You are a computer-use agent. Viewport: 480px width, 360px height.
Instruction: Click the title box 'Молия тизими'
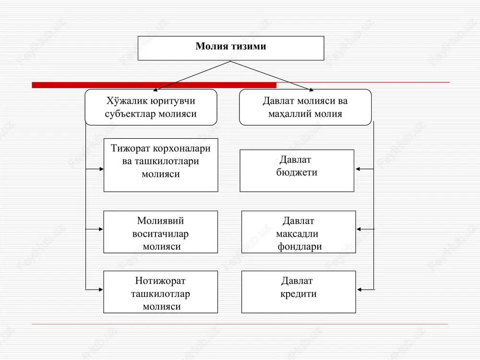pos(231,48)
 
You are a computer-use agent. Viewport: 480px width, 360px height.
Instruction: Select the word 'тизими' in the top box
pos(248,46)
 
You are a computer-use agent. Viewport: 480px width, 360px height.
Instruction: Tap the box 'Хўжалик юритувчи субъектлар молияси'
pos(151,107)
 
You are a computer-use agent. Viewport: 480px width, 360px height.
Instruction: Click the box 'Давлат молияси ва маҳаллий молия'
pos(305,107)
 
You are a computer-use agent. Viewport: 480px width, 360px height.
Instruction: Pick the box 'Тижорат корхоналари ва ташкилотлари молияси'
pos(161,165)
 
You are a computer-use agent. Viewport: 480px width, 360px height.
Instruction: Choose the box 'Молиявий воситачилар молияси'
pos(161,232)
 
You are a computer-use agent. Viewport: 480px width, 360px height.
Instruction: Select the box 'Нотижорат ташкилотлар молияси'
pos(161,292)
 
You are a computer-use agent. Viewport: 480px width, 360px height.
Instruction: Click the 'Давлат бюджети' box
pos(297,170)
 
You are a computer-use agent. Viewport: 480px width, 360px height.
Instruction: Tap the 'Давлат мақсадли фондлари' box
pos(299,232)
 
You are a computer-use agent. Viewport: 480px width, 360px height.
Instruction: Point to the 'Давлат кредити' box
pos(299,292)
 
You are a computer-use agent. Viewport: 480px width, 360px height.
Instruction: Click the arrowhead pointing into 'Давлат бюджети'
pos(358,169)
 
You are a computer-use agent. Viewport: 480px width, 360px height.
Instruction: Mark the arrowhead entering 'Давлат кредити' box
pos(360,289)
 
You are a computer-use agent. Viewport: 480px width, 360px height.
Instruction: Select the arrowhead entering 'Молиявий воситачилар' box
pos(101,229)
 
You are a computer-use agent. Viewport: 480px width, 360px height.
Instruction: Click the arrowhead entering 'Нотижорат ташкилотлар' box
pos(101,289)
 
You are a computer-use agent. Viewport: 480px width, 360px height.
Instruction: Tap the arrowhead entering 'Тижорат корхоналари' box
pos(101,169)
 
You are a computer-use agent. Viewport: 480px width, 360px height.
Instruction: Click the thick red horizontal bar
pos(154,85)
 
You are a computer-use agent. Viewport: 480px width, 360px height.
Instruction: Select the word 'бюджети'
pos(297,172)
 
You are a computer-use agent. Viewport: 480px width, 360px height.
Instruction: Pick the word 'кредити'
pos(299,294)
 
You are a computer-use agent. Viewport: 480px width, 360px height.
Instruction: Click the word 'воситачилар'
pos(160,234)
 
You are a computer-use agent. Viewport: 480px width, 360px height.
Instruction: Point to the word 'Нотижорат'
pos(160,281)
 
